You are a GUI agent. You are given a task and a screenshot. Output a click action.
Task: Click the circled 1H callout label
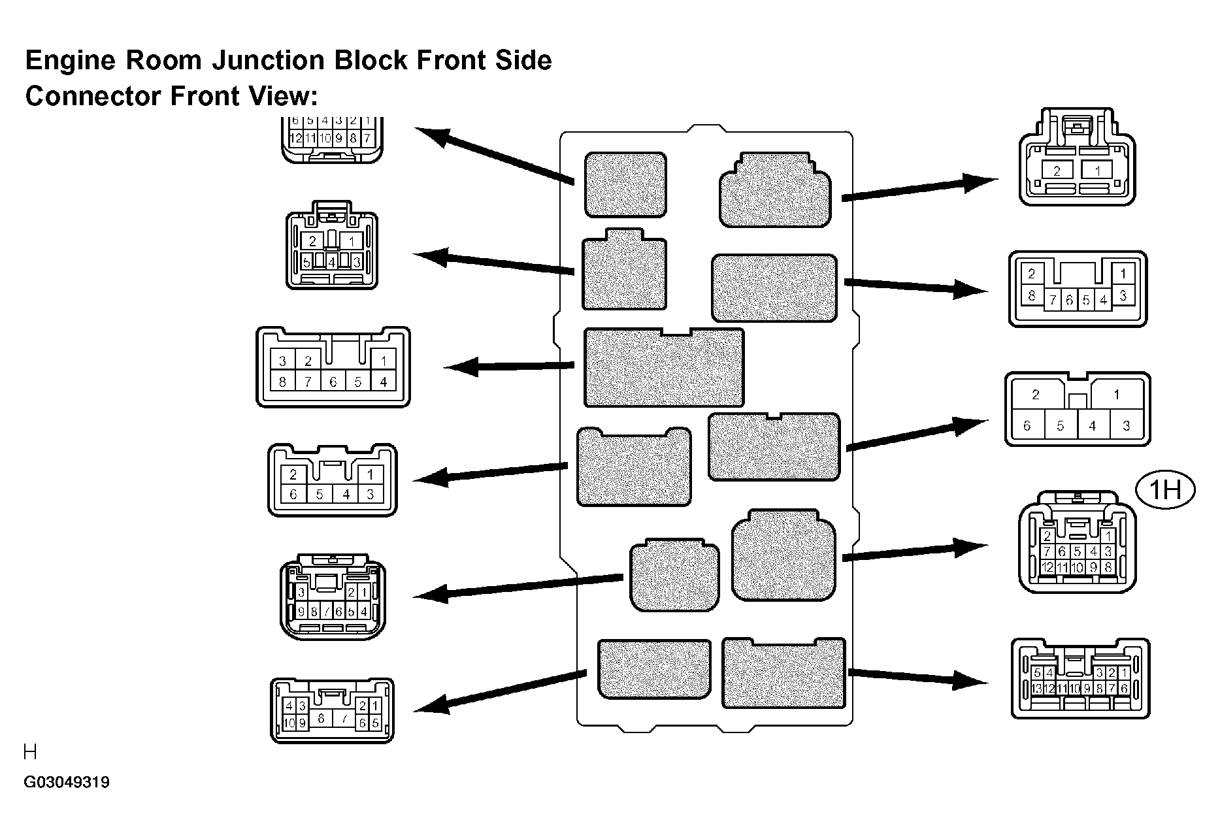(1164, 489)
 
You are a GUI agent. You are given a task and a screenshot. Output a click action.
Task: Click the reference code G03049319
(67, 782)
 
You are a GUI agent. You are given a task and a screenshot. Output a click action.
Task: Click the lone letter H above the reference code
(30, 753)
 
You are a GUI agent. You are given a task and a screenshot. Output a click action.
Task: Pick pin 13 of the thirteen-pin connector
(1037, 688)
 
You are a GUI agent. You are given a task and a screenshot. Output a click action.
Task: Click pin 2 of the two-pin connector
(1057, 171)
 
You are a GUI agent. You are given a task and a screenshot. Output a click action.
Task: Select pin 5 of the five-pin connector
(306, 263)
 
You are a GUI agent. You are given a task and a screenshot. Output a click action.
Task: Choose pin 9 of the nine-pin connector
(301, 612)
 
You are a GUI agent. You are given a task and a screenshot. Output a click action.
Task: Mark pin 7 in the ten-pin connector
(344, 719)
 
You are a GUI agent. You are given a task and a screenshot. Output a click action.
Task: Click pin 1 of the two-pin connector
(1098, 171)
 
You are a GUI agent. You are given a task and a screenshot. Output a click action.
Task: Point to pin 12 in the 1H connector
(1048, 567)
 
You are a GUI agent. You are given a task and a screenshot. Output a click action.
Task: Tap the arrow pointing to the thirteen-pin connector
(918, 677)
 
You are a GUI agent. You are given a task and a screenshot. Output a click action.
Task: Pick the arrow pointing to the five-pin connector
(494, 263)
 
